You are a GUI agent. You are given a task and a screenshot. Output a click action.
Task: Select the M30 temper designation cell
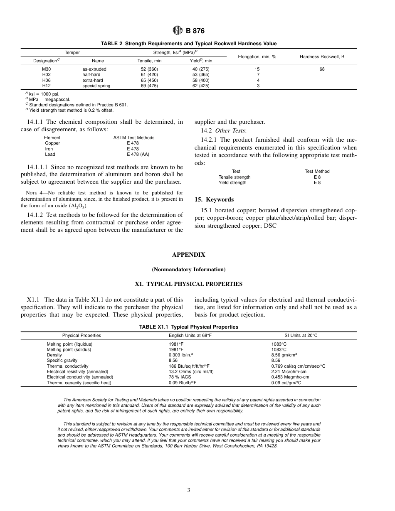point(47,69)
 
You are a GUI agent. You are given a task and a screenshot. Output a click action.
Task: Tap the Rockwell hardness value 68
point(322,69)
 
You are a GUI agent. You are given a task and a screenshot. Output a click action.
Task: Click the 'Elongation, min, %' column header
point(257,57)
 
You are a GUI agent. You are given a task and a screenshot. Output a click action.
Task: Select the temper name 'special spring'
point(96,86)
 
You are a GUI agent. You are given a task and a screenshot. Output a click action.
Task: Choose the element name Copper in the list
point(52,143)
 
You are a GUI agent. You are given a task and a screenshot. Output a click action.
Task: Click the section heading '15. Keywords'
point(214,199)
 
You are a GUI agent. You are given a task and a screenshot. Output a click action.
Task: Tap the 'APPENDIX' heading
point(188,255)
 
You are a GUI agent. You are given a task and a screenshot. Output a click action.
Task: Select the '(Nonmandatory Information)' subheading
point(188,270)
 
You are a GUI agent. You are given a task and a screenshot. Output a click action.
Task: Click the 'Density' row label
point(54,355)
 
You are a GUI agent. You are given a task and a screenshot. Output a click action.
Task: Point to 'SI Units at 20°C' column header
point(298,335)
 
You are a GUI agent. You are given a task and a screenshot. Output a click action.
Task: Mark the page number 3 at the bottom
point(188,490)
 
